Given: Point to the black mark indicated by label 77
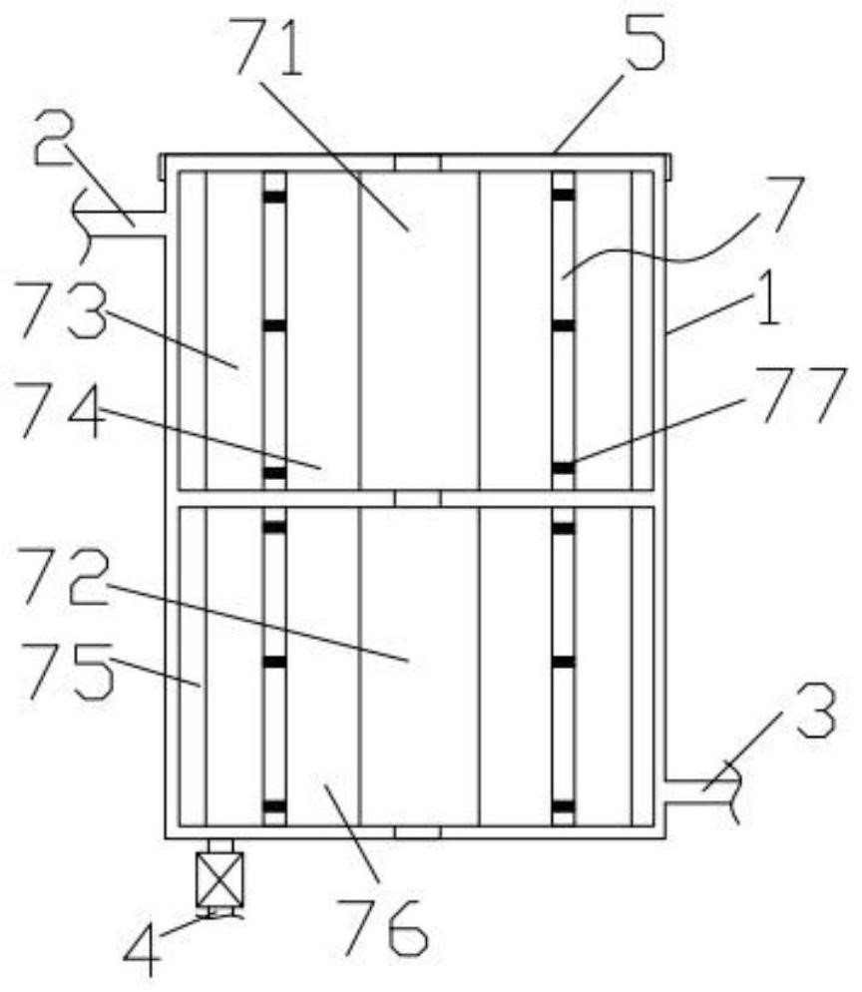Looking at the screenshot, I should [564, 467].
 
